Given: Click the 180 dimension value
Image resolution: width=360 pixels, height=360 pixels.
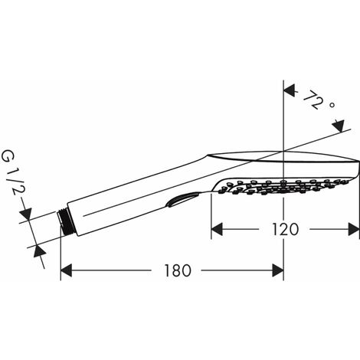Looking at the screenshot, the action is point(178,270).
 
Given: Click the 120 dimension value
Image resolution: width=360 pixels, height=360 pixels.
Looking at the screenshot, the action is point(285,229).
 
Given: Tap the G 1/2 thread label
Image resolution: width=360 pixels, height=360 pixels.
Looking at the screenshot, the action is point(11,172).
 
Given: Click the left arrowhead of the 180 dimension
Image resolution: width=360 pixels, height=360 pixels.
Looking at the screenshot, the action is point(66,270).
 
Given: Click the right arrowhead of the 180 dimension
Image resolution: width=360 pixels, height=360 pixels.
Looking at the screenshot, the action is point(278,270).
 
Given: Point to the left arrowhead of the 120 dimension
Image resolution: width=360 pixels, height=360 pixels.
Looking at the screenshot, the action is point(217,229).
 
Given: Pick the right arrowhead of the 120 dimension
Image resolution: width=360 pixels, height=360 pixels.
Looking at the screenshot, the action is point(354,229).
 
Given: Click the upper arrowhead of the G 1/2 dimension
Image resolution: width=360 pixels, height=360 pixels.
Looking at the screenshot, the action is point(26,214).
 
